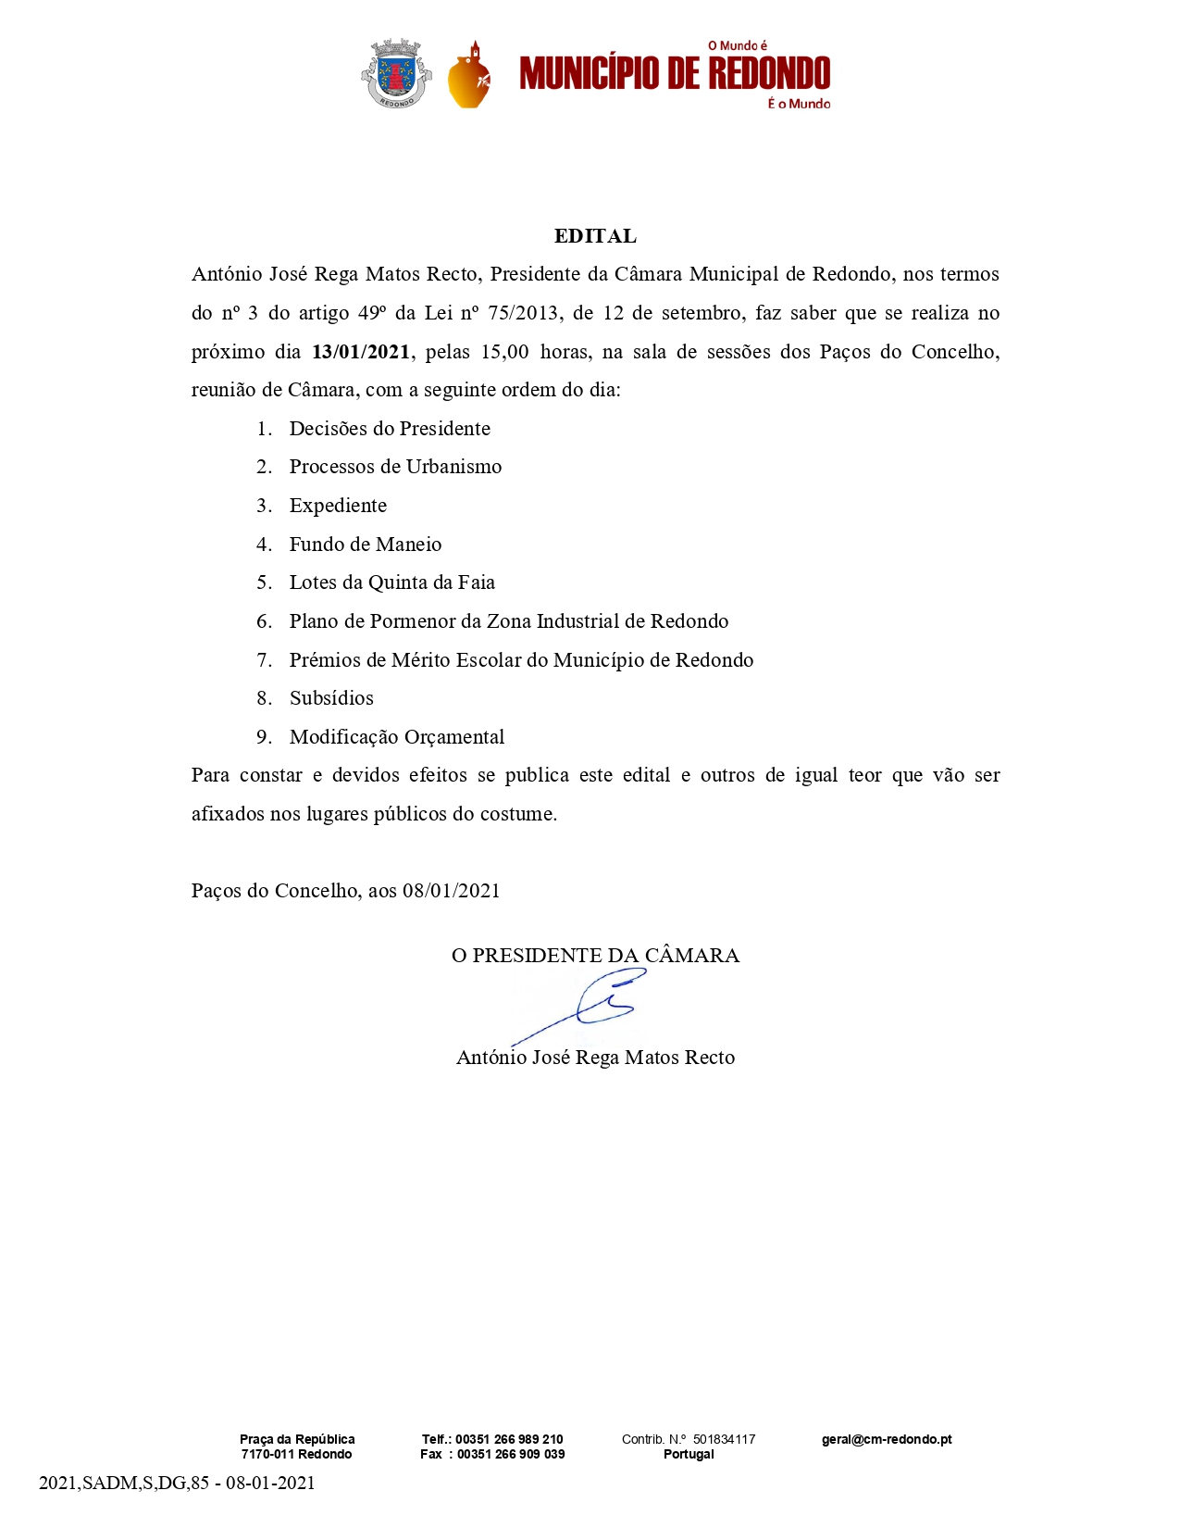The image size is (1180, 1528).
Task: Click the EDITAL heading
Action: tap(595, 236)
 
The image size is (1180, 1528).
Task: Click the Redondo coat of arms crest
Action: tap(395, 73)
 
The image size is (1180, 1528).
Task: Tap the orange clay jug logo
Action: tap(469, 78)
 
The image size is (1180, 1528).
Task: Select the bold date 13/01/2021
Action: tap(361, 352)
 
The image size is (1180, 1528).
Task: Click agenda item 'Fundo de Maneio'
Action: tap(366, 545)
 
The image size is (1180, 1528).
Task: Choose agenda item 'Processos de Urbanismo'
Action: tap(395, 467)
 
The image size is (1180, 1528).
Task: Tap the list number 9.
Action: tap(264, 737)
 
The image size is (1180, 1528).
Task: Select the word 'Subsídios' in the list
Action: tap(331, 698)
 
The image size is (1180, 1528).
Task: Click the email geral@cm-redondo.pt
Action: tap(887, 1439)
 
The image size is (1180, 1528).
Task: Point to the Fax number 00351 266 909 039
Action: tap(511, 1454)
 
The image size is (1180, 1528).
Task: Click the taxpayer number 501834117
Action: tap(724, 1439)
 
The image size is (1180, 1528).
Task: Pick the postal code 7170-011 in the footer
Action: tap(268, 1454)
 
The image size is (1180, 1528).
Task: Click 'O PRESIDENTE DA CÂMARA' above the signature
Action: tap(595, 956)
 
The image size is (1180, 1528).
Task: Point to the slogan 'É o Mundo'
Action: tap(799, 104)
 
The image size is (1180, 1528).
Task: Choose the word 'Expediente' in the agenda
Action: tap(338, 506)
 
